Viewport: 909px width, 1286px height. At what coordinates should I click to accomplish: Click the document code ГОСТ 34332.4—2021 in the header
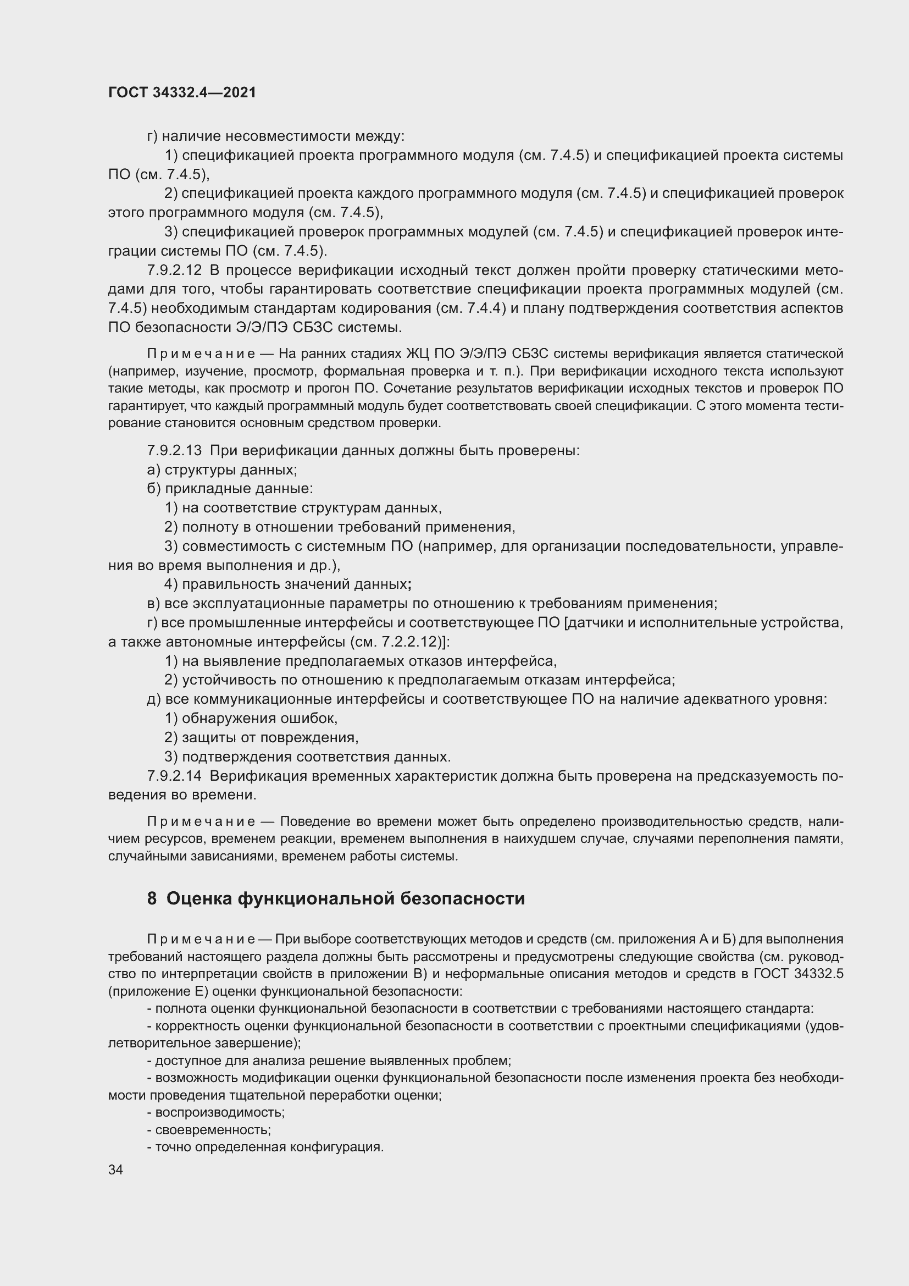(x=182, y=93)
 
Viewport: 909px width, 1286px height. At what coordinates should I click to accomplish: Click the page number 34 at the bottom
(x=115, y=1170)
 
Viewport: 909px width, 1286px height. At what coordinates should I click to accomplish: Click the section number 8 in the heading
(x=152, y=899)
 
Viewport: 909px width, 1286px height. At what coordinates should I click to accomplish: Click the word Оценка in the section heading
(x=199, y=899)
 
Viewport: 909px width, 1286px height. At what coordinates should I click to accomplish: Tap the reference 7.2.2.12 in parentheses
(x=406, y=642)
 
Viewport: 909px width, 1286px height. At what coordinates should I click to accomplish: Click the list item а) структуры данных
(x=221, y=470)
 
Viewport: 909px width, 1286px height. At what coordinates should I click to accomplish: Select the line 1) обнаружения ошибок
(x=251, y=719)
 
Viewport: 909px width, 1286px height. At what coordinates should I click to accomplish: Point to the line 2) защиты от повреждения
(x=261, y=738)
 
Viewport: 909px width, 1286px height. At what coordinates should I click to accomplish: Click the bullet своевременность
(x=209, y=1130)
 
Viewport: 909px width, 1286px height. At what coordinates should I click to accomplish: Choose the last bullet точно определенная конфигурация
(x=265, y=1147)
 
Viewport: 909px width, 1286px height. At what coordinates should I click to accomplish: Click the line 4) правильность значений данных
(x=287, y=585)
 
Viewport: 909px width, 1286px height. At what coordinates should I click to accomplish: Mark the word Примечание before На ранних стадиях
(x=201, y=354)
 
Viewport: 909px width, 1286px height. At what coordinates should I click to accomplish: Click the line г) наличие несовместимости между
(x=275, y=136)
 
